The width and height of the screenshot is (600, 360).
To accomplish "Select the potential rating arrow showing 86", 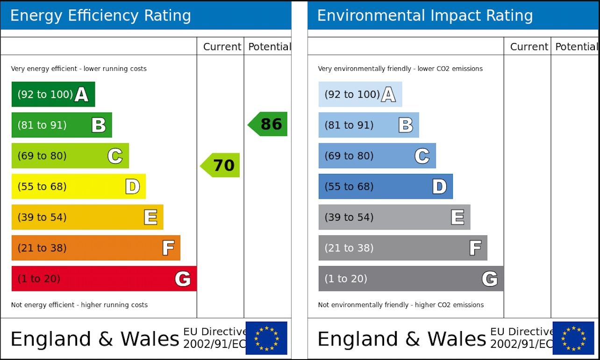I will point(268,124).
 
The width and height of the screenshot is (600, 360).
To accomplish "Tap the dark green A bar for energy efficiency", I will point(53,94).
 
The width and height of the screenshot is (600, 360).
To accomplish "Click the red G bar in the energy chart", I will point(104,279).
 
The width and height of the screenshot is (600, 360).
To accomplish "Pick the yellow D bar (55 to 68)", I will point(79,187).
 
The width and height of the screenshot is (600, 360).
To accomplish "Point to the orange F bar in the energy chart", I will point(96,248).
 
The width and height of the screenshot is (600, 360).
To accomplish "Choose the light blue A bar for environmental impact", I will point(360,94).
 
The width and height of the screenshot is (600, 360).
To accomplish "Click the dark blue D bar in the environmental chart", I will point(386,187).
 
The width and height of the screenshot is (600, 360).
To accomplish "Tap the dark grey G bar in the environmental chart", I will point(411,279).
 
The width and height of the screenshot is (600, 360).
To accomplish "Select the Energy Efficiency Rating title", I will point(100,15).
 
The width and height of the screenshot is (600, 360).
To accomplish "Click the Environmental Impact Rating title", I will point(425,15).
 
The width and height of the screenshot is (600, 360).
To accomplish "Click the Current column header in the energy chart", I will point(222,47).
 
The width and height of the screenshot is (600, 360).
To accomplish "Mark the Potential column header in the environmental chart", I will point(576,47).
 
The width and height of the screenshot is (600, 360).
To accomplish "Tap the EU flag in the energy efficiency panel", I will point(266,338).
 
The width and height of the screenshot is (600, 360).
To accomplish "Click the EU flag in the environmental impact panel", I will point(573,338).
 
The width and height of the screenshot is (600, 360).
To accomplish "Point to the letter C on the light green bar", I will point(115,156).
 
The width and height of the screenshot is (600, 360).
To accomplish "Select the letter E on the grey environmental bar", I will point(457,217).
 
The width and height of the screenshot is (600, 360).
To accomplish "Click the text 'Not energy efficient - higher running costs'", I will point(79,305).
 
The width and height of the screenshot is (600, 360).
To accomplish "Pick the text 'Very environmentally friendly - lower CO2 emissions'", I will point(400,69).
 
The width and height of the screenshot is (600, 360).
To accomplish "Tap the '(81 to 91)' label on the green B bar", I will point(42,125).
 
